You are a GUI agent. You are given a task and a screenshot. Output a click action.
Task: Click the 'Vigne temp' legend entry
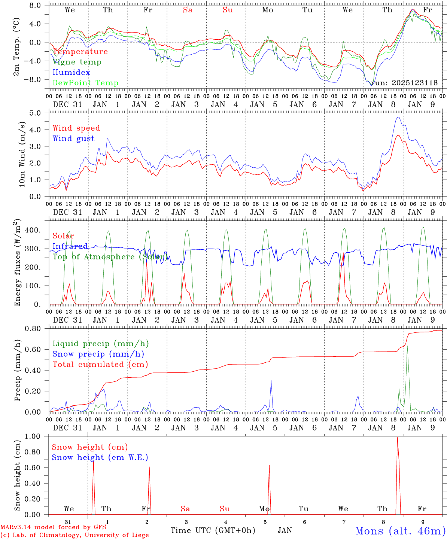coord(77,62)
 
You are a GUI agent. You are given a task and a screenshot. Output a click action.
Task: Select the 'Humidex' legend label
coord(72,73)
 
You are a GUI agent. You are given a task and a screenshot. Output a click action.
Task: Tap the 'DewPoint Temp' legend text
coord(85,83)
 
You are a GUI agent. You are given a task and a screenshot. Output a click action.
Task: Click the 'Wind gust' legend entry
coord(73,138)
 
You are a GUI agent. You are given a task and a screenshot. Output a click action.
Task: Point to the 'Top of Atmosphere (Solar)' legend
coord(109,257)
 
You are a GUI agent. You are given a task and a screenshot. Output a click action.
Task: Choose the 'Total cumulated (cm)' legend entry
coord(100,365)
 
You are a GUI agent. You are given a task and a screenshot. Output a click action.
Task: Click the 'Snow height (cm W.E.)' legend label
coord(100,457)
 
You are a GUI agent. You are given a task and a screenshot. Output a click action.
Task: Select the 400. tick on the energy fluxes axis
coord(33,230)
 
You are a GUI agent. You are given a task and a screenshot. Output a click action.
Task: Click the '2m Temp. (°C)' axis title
coord(17,47)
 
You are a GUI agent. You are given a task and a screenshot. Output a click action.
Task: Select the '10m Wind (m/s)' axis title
coord(22,154)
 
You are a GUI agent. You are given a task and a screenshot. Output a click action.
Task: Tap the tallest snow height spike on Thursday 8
coord(397,438)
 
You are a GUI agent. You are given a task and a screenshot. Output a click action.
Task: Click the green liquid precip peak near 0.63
coord(407,346)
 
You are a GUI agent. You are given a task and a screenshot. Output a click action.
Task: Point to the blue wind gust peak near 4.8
coord(398,117)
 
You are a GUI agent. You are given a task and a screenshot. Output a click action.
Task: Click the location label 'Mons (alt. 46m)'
coord(400,531)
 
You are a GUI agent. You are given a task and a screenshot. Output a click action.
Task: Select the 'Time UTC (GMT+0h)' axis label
coord(213,530)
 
